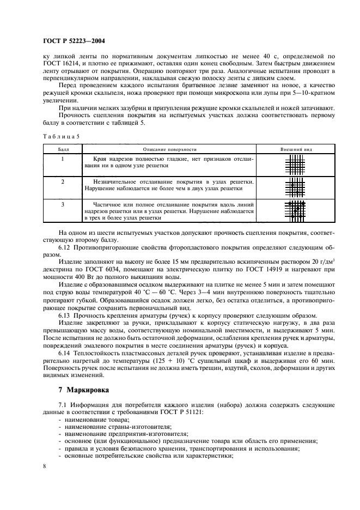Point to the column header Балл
[x=63, y=148]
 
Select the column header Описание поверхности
[x=169, y=148]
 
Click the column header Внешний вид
[x=295, y=148]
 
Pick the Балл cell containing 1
[x=63, y=159]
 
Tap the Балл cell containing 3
[x=63, y=204]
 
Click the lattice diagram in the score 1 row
[x=295, y=164]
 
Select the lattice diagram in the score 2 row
[x=295, y=187]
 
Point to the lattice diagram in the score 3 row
[x=295, y=210]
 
